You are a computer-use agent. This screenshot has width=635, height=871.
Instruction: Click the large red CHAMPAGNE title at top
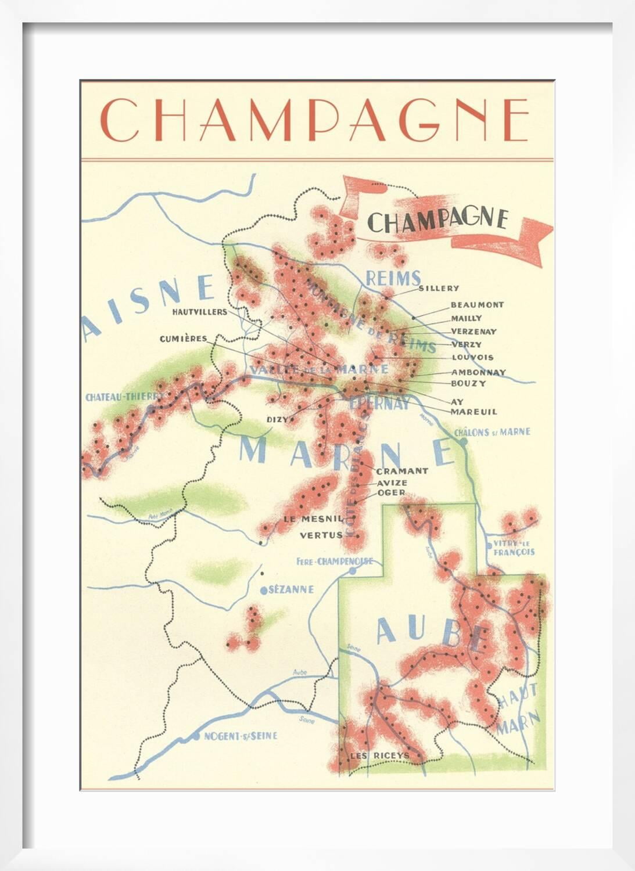point(314,120)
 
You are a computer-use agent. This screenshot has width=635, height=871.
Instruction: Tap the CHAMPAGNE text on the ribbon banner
point(439,220)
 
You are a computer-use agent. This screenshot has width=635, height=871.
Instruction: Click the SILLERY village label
point(439,288)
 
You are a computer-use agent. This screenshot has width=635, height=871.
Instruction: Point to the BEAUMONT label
point(477,304)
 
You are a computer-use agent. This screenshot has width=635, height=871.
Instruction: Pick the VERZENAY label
point(473,332)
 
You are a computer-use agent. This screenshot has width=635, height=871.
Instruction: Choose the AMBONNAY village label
point(478,372)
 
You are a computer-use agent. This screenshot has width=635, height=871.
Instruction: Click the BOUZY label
point(468,383)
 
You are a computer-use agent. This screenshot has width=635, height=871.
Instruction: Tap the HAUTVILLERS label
point(199,312)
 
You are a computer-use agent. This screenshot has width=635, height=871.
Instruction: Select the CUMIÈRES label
point(183,339)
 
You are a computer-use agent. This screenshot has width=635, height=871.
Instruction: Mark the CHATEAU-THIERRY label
point(123,398)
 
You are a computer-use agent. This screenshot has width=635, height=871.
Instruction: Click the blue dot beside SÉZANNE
point(264,590)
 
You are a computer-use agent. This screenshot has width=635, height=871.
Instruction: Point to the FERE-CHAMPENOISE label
point(331,562)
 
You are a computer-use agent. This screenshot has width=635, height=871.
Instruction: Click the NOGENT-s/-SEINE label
point(239,736)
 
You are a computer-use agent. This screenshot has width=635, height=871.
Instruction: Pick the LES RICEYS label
point(379,755)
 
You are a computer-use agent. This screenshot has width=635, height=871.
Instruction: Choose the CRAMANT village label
point(402,471)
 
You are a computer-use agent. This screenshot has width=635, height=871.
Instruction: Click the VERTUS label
point(321,535)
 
